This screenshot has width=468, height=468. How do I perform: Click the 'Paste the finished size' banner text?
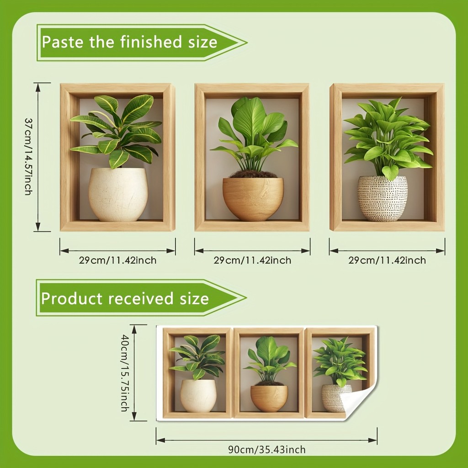(129, 42)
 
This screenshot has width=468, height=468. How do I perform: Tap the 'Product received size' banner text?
(125, 298)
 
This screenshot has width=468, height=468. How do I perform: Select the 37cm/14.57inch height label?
(28, 156)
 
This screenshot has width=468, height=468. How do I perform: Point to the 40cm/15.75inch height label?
(124, 373)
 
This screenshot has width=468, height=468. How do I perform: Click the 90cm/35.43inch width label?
(267, 449)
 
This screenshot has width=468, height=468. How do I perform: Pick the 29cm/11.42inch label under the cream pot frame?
(117, 260)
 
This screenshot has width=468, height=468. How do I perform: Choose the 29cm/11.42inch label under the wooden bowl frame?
(252, 260)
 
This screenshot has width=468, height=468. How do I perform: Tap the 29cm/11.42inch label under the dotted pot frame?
(387, 260)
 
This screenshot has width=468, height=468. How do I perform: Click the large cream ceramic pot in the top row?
(118, 195)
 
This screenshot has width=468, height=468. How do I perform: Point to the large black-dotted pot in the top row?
(383, 199)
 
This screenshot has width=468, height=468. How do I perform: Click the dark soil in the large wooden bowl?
(253, 174)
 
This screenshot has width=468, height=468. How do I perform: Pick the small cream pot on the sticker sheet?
(198, 396)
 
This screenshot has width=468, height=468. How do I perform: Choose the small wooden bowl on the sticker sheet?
(269, 399)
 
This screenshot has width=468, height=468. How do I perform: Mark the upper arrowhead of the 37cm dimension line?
(38, 87)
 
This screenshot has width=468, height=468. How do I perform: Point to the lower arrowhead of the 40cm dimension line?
(134, 416)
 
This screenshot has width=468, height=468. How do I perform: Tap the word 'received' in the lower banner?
(140, 298)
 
